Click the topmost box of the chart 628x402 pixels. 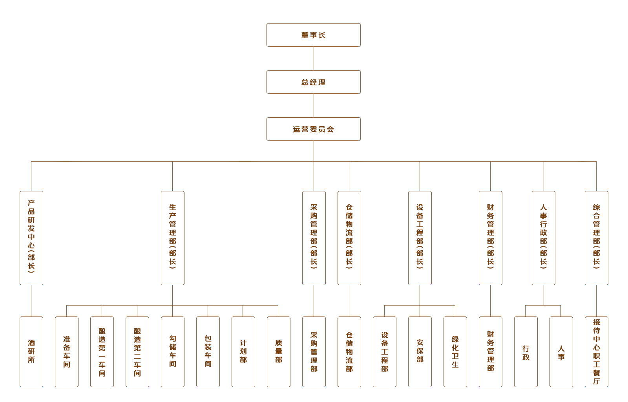313,35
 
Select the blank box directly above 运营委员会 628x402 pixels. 313,82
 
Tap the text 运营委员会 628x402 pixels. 314,129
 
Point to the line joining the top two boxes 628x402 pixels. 314,58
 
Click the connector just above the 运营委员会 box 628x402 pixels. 314,106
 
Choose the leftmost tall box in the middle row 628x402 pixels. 31,238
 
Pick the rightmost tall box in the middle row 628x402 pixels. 596,238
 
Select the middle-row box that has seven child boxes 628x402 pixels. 173,238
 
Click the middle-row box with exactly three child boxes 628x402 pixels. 420,238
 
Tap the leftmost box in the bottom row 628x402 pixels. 31,351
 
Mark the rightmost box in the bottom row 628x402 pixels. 596,351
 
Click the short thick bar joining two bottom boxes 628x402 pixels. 543,310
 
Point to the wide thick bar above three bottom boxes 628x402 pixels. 243,310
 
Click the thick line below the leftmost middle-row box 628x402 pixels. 31,300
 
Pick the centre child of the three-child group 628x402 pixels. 420,351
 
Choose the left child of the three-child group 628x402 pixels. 384,351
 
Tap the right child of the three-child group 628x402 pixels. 455,351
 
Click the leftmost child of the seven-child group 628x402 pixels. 67,351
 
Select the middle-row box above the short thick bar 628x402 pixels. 543,238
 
